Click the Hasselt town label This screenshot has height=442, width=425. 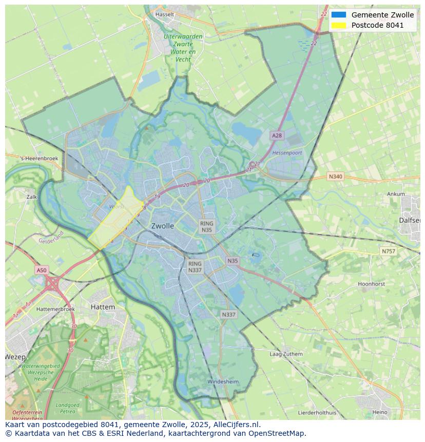pos(164,14)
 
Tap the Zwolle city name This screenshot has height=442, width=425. pos(163,226)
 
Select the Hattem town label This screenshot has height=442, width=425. pos(103,306)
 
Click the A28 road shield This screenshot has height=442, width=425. pos(277,136)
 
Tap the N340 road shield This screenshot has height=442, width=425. pos(335,177)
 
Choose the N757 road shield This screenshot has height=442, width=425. pos(389,251)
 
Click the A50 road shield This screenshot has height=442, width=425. pos(42,270)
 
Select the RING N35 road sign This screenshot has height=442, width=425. pos(206,227)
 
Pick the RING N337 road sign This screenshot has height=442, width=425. pos(195,267)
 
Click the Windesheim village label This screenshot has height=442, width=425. pos(223,382)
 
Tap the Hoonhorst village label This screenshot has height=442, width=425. pos(371,284)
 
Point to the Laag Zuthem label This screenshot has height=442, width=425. pos(286,354)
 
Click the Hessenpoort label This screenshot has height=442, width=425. pos(287,153)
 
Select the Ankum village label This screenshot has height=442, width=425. pos(396,194)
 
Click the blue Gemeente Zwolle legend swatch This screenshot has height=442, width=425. pos(339,15)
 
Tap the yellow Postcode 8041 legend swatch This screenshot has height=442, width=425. pos(339,25)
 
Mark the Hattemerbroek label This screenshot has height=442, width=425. pos(55,309)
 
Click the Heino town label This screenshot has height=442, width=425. pos(380,412)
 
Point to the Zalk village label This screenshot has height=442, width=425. pos(32,197)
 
